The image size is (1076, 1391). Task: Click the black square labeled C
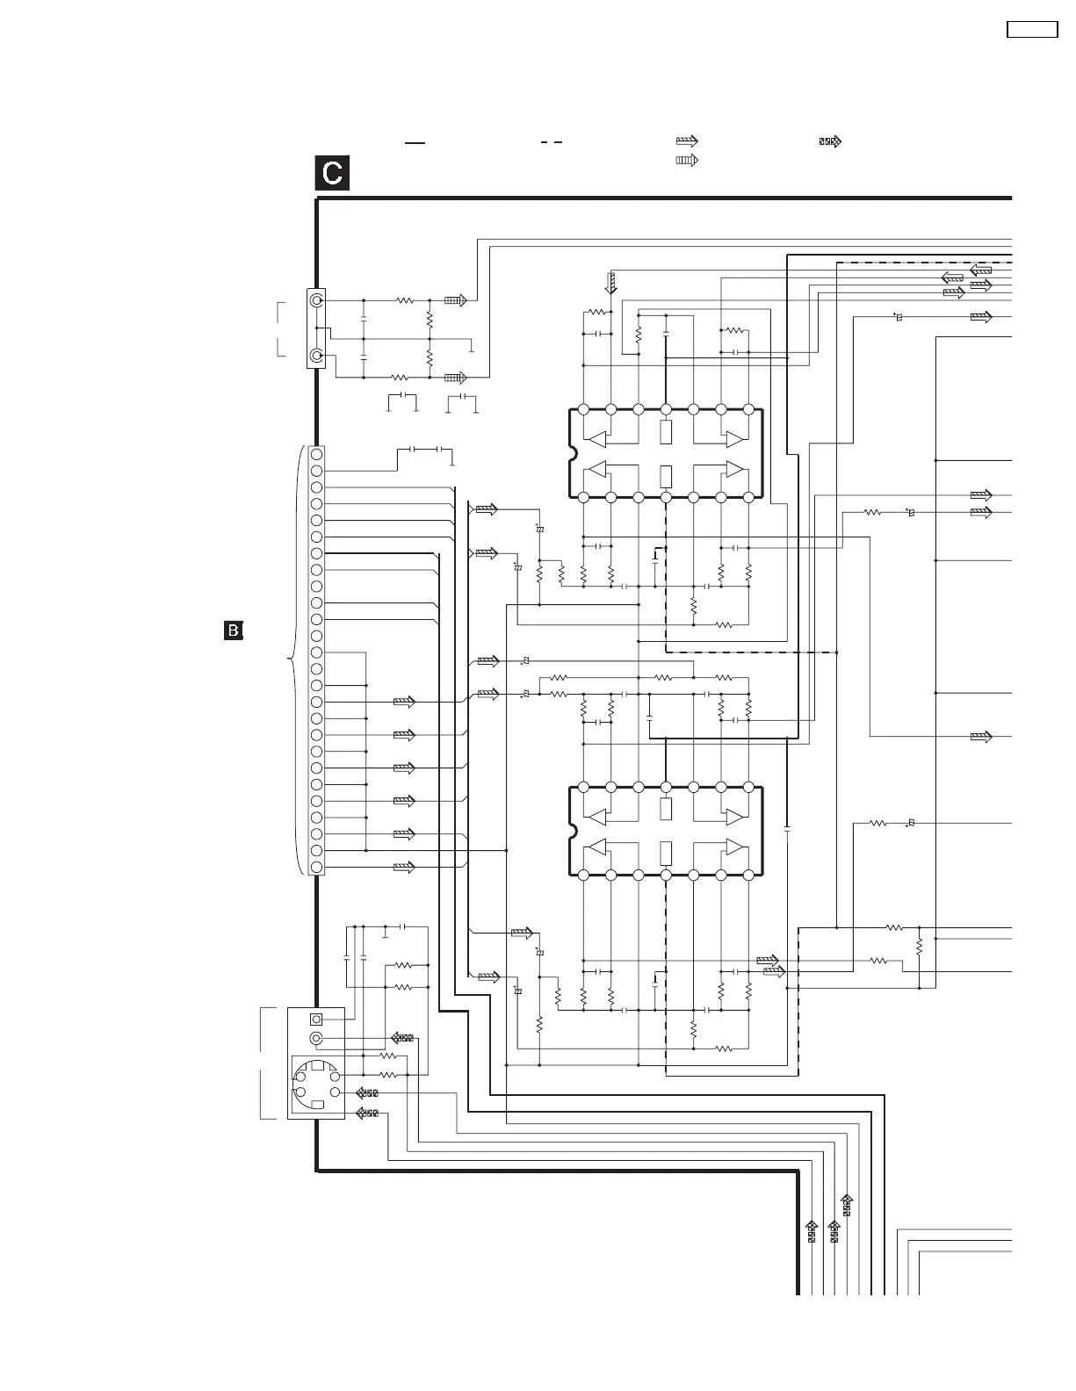pos(333,173)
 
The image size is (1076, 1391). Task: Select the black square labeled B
pos(234,630)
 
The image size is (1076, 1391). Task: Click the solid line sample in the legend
pos(415,141)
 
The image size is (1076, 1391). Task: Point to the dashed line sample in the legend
pos(551,141)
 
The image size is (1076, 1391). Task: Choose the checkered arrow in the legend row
pos(830,141)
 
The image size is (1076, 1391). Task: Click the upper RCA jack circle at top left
pos(316,300)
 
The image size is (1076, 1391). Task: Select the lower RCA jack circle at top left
pos(316,357)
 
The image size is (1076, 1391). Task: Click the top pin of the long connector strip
pos(316,454)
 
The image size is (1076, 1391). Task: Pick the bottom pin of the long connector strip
pos(316,867)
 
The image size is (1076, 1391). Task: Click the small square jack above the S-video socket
pos(317,1020)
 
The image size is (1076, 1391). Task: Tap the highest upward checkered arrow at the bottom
pos(847,1204)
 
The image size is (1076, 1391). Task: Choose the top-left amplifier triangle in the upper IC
pos(598,438)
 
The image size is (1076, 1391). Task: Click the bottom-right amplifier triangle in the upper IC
pos(733,469)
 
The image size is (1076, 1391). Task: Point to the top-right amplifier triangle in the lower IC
pos(733,817)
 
